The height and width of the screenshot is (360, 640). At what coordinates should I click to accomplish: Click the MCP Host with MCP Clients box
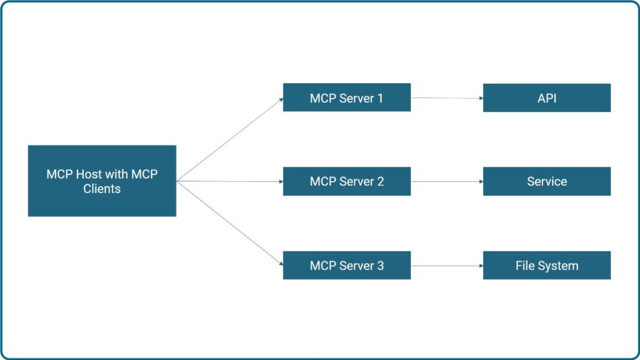click(x=102, y=181)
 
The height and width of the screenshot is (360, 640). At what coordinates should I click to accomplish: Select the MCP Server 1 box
click(x=347, y=97)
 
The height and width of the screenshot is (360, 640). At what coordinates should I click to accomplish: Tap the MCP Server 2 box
click(x=347, y=181)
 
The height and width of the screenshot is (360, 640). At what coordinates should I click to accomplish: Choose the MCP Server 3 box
click(x=347, y=265)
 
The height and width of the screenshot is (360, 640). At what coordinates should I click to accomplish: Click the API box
click(x=546, y=98)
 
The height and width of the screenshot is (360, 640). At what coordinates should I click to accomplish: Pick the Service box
click(x=546, y=181)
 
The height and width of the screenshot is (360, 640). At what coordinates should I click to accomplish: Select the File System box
click(x=546, y=265)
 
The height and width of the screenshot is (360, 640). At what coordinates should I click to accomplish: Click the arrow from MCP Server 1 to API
click(x=447, y=98)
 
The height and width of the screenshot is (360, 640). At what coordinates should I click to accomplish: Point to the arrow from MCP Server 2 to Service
click(x=447, y=182)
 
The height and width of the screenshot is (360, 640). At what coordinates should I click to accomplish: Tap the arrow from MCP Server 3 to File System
click(x=447, y=266)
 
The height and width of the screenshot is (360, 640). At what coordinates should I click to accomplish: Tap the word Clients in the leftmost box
click(x=102, y=189)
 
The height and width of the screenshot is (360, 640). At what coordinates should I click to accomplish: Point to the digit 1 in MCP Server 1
click(x=380, y=98)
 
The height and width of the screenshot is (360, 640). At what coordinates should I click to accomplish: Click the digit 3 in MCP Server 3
click(x=380, y=266)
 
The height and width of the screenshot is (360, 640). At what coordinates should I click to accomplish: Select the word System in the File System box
click(x=559, y=266)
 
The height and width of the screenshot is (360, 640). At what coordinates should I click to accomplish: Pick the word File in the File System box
click(x=526, y=266)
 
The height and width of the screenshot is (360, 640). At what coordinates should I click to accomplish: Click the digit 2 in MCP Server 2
click(x=380, y=182)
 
